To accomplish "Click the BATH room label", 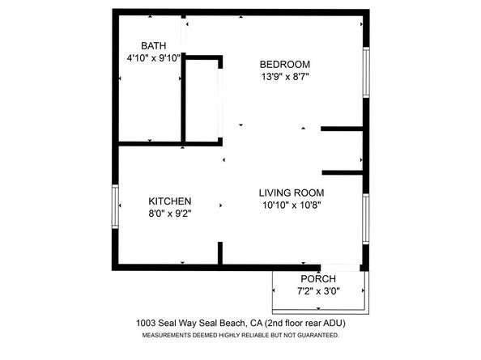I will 153,46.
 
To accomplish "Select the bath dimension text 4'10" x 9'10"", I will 153,58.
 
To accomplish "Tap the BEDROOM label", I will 284,65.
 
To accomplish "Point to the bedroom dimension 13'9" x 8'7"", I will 284,77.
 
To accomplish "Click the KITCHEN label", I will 169,201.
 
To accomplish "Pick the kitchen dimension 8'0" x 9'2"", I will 169,214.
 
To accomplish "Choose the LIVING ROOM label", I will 292,193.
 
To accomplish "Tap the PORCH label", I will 318,279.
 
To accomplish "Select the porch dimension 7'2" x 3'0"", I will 318,291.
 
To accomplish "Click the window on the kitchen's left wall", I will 115,207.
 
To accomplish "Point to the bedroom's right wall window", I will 366,74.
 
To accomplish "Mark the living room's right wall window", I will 366,218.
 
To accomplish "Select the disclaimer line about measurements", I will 240,334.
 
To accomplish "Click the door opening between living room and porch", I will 340,267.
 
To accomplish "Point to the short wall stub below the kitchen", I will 220,252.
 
